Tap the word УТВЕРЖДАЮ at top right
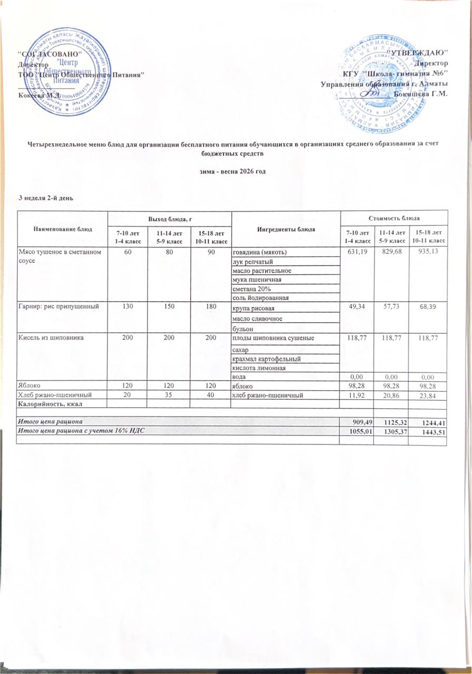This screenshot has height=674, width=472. pyautogui.click(x=419, y=53)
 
